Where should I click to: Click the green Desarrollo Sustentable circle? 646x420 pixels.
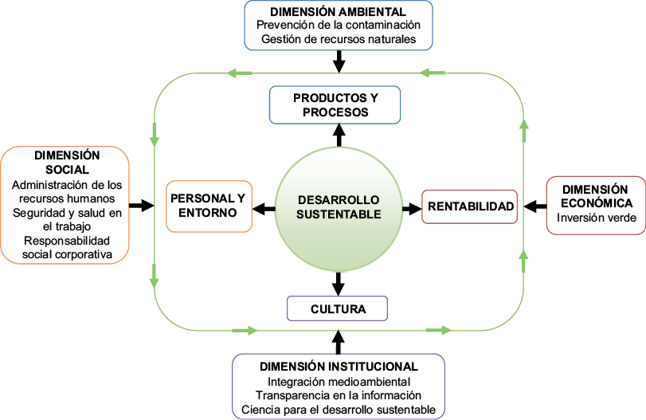(339, 207)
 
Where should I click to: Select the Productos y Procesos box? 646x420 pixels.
(335, 105)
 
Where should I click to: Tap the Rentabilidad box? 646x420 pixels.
(469, 207)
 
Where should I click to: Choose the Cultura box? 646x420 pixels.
(338, 308)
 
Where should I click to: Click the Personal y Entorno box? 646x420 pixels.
(208, 206)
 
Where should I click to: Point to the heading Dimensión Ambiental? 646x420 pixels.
(339, 12)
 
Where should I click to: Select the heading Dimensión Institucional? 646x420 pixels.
(339, 367)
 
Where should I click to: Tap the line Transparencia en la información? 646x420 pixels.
(339, 395)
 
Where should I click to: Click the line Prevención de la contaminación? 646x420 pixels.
(339, 26)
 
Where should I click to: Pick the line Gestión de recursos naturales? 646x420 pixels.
(339, 40)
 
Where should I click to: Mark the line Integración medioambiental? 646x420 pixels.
(339, 381)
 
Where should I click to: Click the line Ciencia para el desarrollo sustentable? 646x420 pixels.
(339, 410)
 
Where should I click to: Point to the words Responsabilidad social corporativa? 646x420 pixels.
(67, 247)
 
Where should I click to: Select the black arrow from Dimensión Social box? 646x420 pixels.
(141, 206)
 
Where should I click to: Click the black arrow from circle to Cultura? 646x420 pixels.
(339, 283)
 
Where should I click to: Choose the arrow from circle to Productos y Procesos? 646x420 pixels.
(339, 135)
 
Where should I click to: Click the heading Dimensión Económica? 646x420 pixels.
(596, 196)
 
